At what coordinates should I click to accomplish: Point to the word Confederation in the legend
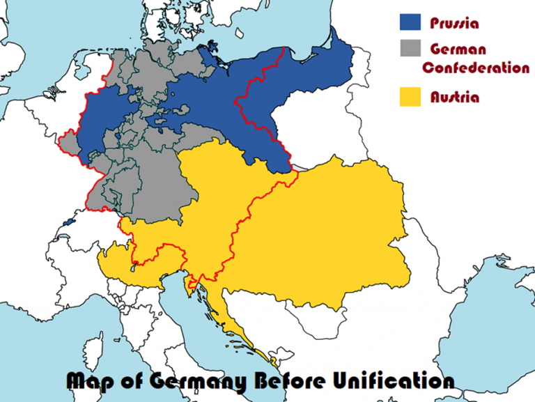pyautogui.click(x=476, y=68)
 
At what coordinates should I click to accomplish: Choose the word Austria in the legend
pyautogui.click(x=455, y=97)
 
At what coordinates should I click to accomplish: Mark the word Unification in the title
pyautogui.click(x=404, y=381)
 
